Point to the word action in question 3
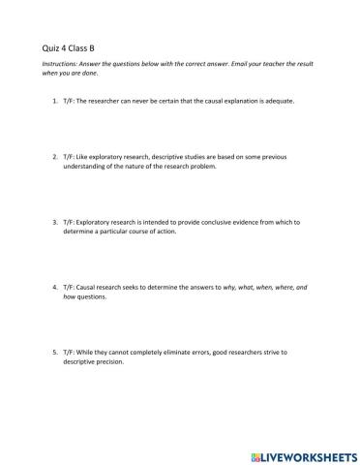(x=164, y=232)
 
